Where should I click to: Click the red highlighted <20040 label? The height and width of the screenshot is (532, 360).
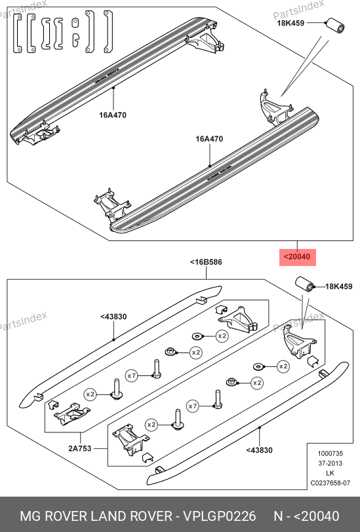[x=298, y=257]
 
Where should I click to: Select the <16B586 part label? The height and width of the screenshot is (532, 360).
[x=206, y=262]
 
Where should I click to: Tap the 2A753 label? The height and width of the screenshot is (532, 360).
[x=80, y=448]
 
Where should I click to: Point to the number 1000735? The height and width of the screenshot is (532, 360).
[x=330, y=453]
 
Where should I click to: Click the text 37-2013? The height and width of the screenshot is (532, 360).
[x=330, y=463]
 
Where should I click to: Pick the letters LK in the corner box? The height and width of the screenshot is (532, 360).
[x=330, y=473]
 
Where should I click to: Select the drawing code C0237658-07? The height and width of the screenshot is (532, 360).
[x=330, y=483]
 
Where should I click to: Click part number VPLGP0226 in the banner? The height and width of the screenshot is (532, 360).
[x=220, y=516]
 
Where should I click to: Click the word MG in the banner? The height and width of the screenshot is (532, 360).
[x=31, y=516]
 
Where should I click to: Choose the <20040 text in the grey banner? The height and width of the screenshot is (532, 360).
[x=316, y=516]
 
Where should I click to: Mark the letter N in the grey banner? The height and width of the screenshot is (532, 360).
[x=279, y=516]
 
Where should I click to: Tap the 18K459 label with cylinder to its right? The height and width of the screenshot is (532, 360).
[x=290, y=23]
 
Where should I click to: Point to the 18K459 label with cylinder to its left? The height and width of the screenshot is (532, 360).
[x=339, y=286]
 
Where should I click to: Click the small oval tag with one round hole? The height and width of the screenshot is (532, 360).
[x=75, y=23]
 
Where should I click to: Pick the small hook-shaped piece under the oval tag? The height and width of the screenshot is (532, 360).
[x=75, y=39]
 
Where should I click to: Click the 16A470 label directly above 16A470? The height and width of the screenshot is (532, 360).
[x=113, y=115]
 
